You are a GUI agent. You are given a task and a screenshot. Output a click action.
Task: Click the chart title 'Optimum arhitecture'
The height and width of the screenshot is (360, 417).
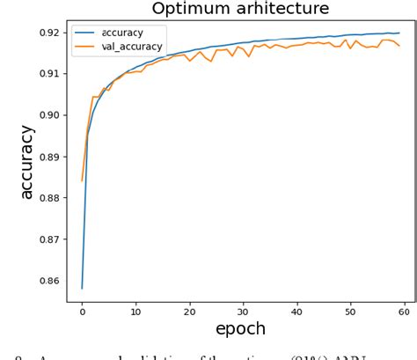(240, 9)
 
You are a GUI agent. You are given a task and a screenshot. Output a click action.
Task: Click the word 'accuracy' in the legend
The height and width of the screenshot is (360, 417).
(122, 33)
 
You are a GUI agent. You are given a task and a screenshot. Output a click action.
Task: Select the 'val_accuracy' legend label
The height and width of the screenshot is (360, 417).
(133, 47)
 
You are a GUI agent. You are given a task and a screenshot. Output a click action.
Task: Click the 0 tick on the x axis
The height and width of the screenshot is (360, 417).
(82, 312)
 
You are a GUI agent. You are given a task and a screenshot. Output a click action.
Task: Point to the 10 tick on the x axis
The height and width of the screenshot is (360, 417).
(135, 312)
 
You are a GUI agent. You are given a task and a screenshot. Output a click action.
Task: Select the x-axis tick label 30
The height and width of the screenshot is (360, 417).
(243, 312)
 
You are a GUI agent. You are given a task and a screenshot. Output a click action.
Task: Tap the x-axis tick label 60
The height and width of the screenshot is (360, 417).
(404, 312)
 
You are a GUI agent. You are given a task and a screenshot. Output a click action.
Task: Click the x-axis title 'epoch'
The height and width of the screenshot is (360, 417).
(240, 329)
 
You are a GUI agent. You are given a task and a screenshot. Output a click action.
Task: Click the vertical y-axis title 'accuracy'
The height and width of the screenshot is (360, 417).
(27, 162)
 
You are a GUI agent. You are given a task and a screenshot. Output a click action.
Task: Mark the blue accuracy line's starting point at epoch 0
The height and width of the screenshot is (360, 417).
(82, 288)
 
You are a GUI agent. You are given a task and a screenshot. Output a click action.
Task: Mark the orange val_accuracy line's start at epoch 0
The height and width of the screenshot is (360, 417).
(82, 180)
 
